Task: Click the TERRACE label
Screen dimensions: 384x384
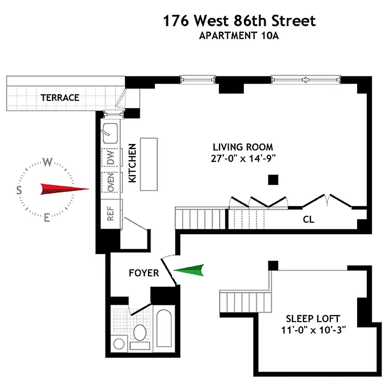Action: click(x=60, y=98)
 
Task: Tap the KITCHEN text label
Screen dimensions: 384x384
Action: click(x=132, y=163)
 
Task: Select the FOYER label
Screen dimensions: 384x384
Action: click(x=144, y=273)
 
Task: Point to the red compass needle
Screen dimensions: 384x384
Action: click(x=65, y=189)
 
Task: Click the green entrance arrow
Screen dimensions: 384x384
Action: click(x=189, y=270)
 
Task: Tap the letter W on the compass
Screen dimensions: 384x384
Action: click(x=48, y=162)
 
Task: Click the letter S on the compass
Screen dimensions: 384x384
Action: click(x=19, y=190)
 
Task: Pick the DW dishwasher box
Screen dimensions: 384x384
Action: click(x=111, y=157)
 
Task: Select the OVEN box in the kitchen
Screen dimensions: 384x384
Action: click(x=111, y=182)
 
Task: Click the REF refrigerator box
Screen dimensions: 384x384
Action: click(x=111, y=214)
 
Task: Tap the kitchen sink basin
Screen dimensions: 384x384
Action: click(x=110, y=133)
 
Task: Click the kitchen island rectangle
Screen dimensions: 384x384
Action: click(x=149, y=164)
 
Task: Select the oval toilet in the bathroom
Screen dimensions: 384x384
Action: click(x=140, y=332)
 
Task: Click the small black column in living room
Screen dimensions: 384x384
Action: click(x=273, y=180)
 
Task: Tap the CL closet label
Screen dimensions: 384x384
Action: click(x=308, y=219)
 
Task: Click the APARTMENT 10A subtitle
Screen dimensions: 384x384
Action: click(x=239, y=36)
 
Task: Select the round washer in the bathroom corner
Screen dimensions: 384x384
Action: click(x=119, y=344)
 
